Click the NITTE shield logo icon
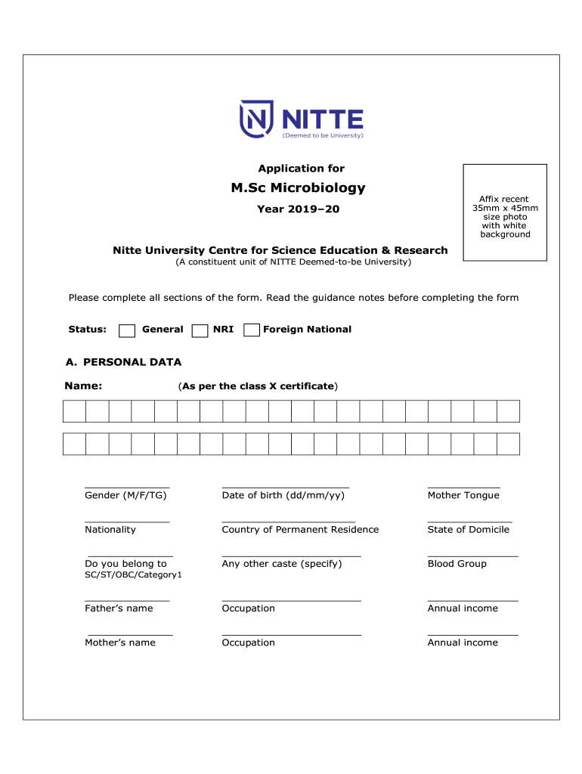(x=255, y=119)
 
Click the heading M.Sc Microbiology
(x=298, y=187)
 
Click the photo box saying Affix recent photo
(x=505, y=213)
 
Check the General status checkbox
(x=128, y=330)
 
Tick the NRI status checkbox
(x=200, y=330)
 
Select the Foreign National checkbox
(x=252, y=330)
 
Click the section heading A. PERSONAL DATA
(x=123, y=362)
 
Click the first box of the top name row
(x=74, y=411)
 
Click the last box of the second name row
(x=508, y=444)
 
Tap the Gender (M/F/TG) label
(x=125, y=496)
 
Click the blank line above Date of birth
(x=285, y=487)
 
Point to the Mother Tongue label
(x=463, y=496)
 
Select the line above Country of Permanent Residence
(x=288, y=521)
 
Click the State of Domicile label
(x=468, y=530)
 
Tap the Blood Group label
(x=457, y=564)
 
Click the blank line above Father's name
(x=127, y=599)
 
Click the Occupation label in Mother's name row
(x=248, y=642)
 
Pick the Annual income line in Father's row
(x=472, y=599)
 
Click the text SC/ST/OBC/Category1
(x=133, y=575)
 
